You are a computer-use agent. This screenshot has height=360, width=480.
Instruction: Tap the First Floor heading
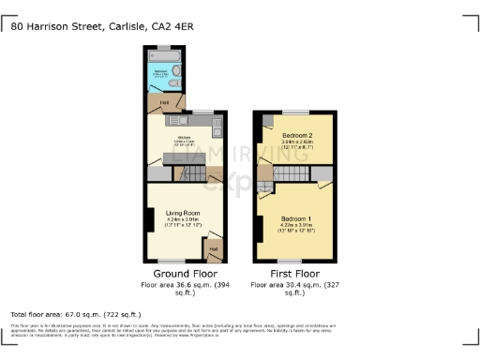click(292, 273)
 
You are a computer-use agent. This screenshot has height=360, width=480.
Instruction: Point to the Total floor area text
click(75, 314)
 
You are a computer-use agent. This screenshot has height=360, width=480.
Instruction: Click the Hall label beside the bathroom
click(164, 102)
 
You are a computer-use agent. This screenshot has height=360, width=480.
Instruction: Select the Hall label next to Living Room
click(214, 248)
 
